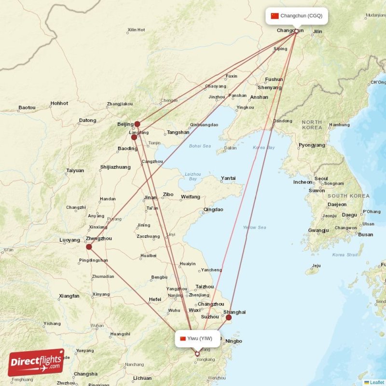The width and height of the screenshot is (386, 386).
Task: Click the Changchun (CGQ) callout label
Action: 297,16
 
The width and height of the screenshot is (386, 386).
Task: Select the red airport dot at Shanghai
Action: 229,317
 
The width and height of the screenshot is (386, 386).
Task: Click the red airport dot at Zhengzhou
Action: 89,247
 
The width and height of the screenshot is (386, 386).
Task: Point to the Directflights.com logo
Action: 36,362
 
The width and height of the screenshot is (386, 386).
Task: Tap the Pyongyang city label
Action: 312,145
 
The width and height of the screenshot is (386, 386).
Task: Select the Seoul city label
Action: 321,179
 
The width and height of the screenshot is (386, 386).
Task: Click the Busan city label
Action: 365,234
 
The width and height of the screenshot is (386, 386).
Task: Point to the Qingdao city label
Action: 213,209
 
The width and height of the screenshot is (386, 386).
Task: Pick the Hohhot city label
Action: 59,103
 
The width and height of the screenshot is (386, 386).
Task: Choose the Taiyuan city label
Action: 75,170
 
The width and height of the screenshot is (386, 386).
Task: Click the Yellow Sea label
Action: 254,227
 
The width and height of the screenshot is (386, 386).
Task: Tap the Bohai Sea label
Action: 200,146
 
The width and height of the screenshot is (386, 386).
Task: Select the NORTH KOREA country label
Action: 312,125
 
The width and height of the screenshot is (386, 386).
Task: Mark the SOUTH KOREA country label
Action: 348,196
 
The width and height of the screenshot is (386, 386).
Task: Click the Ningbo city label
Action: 234,341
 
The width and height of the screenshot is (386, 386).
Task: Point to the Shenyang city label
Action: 269,87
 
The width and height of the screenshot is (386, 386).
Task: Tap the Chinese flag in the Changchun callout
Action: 275,16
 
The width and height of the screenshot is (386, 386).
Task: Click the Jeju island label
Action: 316,265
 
